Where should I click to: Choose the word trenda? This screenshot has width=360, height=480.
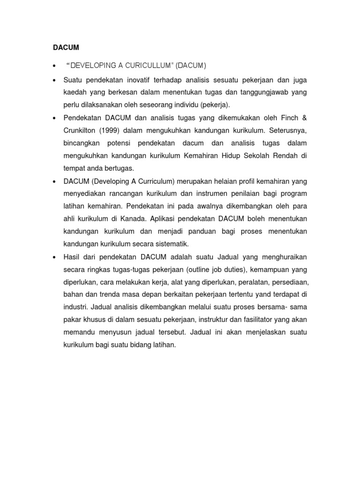108,294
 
